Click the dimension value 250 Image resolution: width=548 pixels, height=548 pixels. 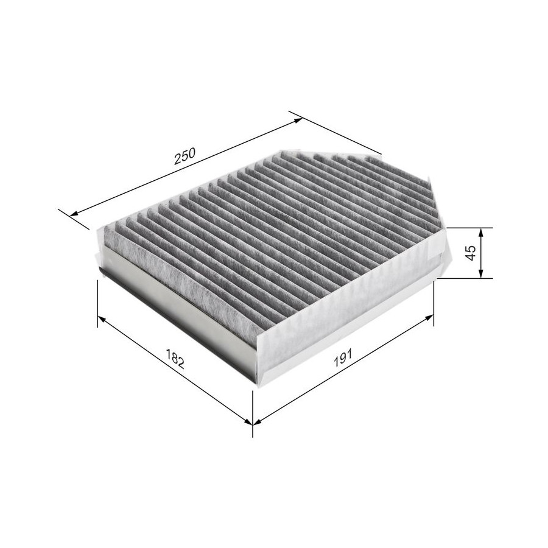[x=185, y=156]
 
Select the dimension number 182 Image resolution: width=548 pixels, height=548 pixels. [x=175, y=358]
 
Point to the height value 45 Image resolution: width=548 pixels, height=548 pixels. [x=471, y=253]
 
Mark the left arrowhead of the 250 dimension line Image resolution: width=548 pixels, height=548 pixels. [x=74, y=214]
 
